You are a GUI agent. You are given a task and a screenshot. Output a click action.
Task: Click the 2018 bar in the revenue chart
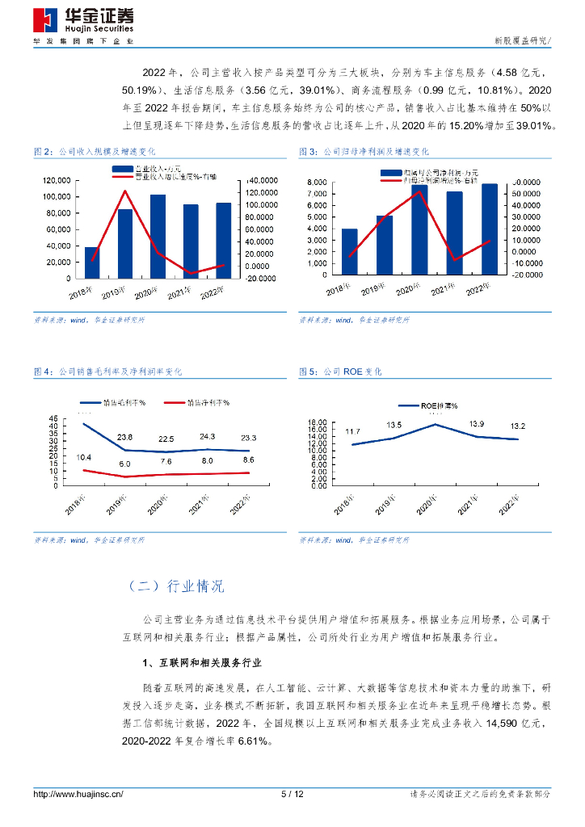(x=92, y=262)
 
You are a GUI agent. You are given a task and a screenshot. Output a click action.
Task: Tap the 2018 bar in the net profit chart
(x=349, y=252)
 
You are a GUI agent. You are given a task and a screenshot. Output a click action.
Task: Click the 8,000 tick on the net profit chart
(x=318, y=183)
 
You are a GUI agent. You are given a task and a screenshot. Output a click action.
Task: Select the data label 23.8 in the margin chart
(x=124, y=437)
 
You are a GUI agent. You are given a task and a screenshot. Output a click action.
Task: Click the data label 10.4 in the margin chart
(x=83, y=458)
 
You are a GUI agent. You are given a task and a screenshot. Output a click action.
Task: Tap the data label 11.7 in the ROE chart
(x=352, y=432)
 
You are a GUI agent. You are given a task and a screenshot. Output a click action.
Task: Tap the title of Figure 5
(x=340, y=372)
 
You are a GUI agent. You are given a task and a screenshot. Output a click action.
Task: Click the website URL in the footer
(x=78, y=795)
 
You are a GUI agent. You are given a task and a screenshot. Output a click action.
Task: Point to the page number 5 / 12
(x=292, y=795)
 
